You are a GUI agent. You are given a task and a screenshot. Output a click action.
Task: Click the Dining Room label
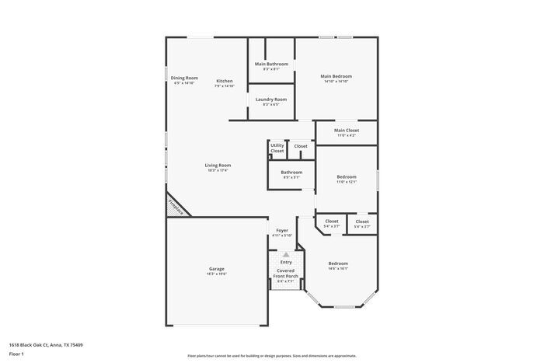tap(185, 78)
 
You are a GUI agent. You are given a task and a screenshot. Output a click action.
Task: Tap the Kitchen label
tap(225, 81)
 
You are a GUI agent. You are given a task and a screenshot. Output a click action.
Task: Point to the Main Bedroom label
tap(337, 76)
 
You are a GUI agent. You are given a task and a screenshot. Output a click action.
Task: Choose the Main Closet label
tap(346, 131)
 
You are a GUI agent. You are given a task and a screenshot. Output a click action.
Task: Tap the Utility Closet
tap(277, 148)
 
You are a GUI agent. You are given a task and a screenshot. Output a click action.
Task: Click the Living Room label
tap(218, 165)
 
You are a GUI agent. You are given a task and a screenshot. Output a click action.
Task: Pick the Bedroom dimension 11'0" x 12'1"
tap(347, 182)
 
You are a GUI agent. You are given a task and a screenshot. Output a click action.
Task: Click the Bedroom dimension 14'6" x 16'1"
tap(337, 269)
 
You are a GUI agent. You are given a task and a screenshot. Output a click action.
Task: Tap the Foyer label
tap(282, 231)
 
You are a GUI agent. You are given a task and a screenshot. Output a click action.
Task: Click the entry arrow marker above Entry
tap(286, 254)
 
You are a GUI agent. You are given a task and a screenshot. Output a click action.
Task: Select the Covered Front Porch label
tap(286, 274)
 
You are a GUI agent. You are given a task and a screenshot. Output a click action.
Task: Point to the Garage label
tap(216, 269)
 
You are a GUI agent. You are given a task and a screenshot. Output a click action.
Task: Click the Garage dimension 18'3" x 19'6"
tap(216, 274)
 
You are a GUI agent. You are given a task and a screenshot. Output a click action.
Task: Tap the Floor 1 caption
tap(17, 354)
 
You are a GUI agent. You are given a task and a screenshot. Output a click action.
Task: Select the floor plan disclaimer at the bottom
tap(271, 354)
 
